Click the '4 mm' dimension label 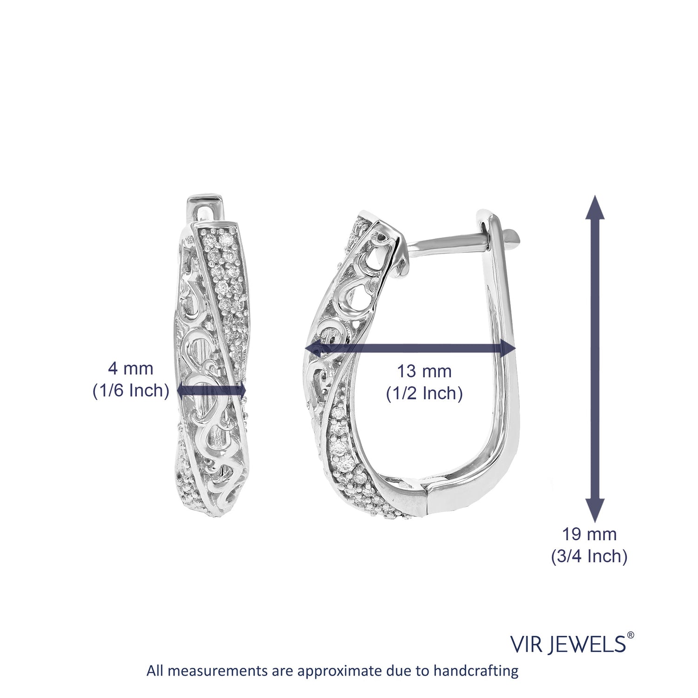pyautogui.click(x=130, y=369)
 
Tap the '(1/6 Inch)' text pyautogui.click(x=131, y=390)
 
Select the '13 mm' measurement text pyautogui.click(x=424, y=371)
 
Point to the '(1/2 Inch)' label pyautogui.click(x=424, y=394)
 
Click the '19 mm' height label pyautogui.click(x=589, y=534)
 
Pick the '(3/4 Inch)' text pyautogui.click(x=589, y=556)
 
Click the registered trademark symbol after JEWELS pyautogui.click(x=631, y=635)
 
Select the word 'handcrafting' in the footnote pyautogui.click(x=476, y=671)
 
